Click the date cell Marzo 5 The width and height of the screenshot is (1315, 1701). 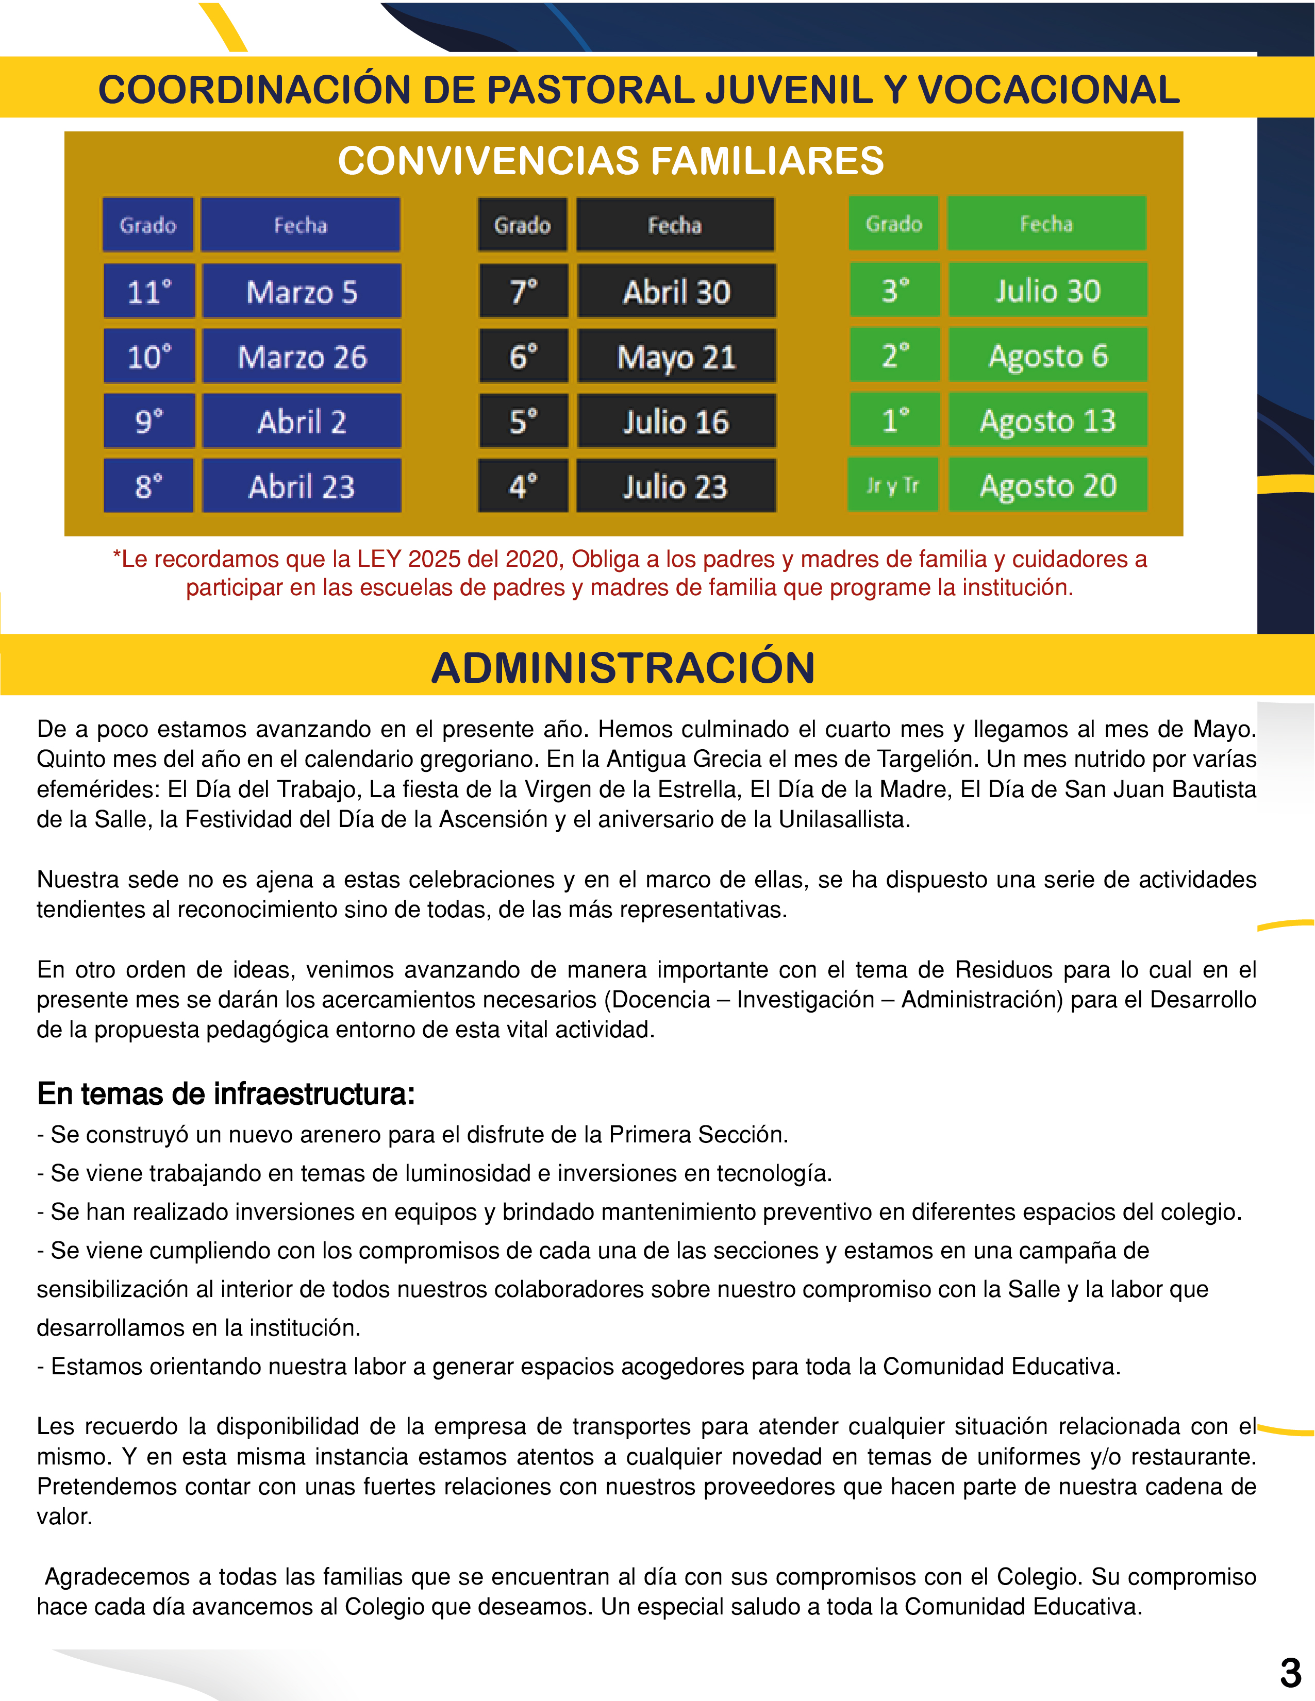click(302, 291)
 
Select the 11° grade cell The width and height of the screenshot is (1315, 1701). click(149, 291)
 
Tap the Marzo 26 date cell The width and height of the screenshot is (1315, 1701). click(302, 356)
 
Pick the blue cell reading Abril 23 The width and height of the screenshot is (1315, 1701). click(302, 486)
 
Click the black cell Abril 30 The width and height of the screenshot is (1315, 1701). click(676, 291)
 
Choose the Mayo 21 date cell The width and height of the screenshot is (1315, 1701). click(676, 357)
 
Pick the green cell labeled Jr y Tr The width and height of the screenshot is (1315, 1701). click(893, 485)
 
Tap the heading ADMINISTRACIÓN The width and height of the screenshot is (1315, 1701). click(623, 667)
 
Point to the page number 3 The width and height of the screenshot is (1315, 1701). click(1290, 1672)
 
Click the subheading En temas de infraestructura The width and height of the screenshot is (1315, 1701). click(226, 1093)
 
